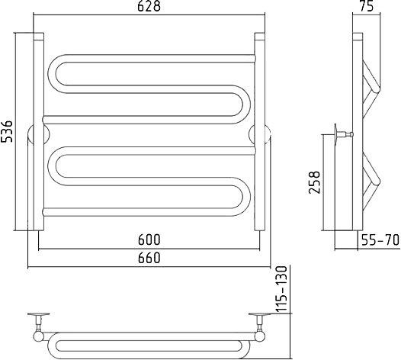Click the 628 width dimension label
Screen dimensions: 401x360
149,6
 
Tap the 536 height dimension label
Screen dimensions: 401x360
6,130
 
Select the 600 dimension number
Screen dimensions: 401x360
149,239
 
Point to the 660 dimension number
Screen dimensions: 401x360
149,258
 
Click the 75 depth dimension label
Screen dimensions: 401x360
367,6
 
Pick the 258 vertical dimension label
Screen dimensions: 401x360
314,182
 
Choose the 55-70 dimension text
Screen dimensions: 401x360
380,240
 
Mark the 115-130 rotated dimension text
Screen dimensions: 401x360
282,289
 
